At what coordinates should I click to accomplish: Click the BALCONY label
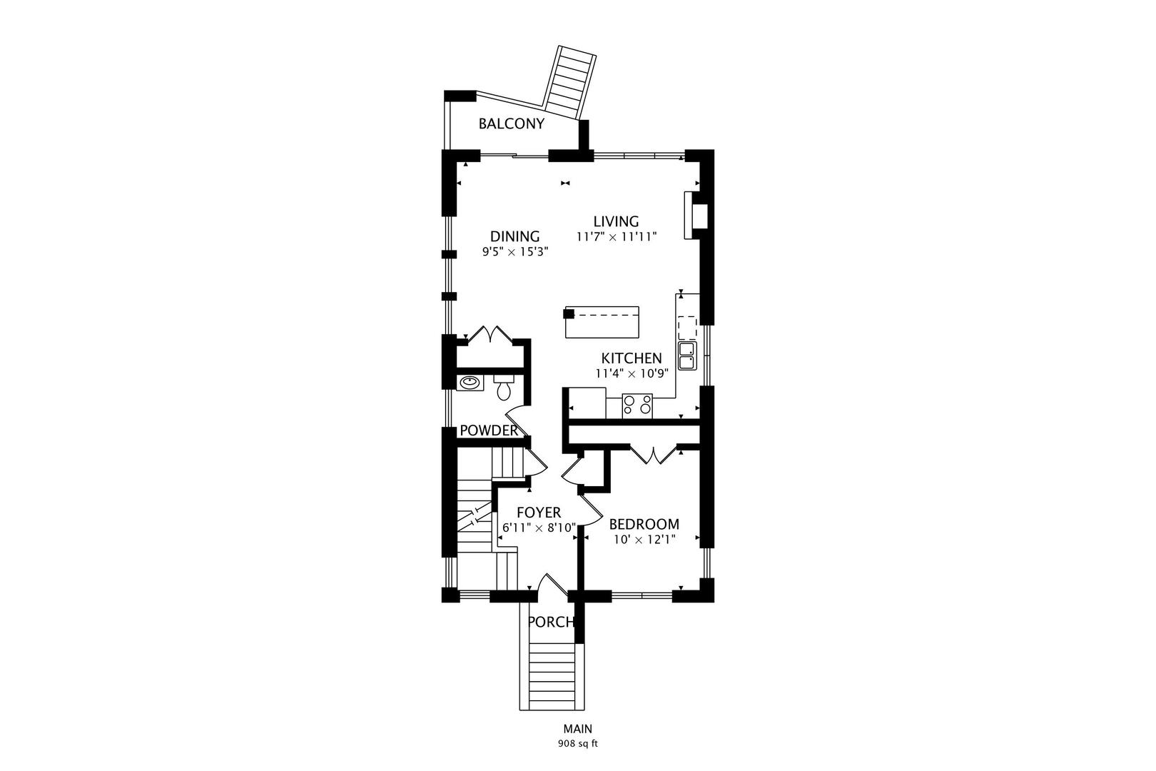(x=511, y=124)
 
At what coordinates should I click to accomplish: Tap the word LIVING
(x=616, y=221)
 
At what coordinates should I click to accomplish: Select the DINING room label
(x=514, y=236)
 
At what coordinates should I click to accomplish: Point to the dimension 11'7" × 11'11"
(x=617, y=237)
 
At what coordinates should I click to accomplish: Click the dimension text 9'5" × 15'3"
(x=514, y=252)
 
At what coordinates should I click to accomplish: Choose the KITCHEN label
(x=631, y=358)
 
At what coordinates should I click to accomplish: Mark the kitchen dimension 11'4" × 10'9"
(x=632, y=373)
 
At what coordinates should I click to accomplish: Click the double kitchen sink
(x=687, y=356)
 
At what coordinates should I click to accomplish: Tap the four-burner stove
(x=637, y=406)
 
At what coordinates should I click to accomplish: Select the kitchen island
(x=602, y=322)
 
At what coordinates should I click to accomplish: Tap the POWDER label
(x=488, y=430)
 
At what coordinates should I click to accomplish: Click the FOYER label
(x=539, y=513)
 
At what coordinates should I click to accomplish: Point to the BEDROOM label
(x=644, y=524)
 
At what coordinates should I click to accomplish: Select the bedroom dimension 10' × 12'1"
(x=644, y=540)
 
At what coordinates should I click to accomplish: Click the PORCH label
(x=551, y=623)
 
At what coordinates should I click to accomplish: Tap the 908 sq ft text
(x=577, y=744)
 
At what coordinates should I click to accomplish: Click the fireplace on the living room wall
(x=695, y=216)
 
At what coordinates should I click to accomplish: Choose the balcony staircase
(x=569, y=83)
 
